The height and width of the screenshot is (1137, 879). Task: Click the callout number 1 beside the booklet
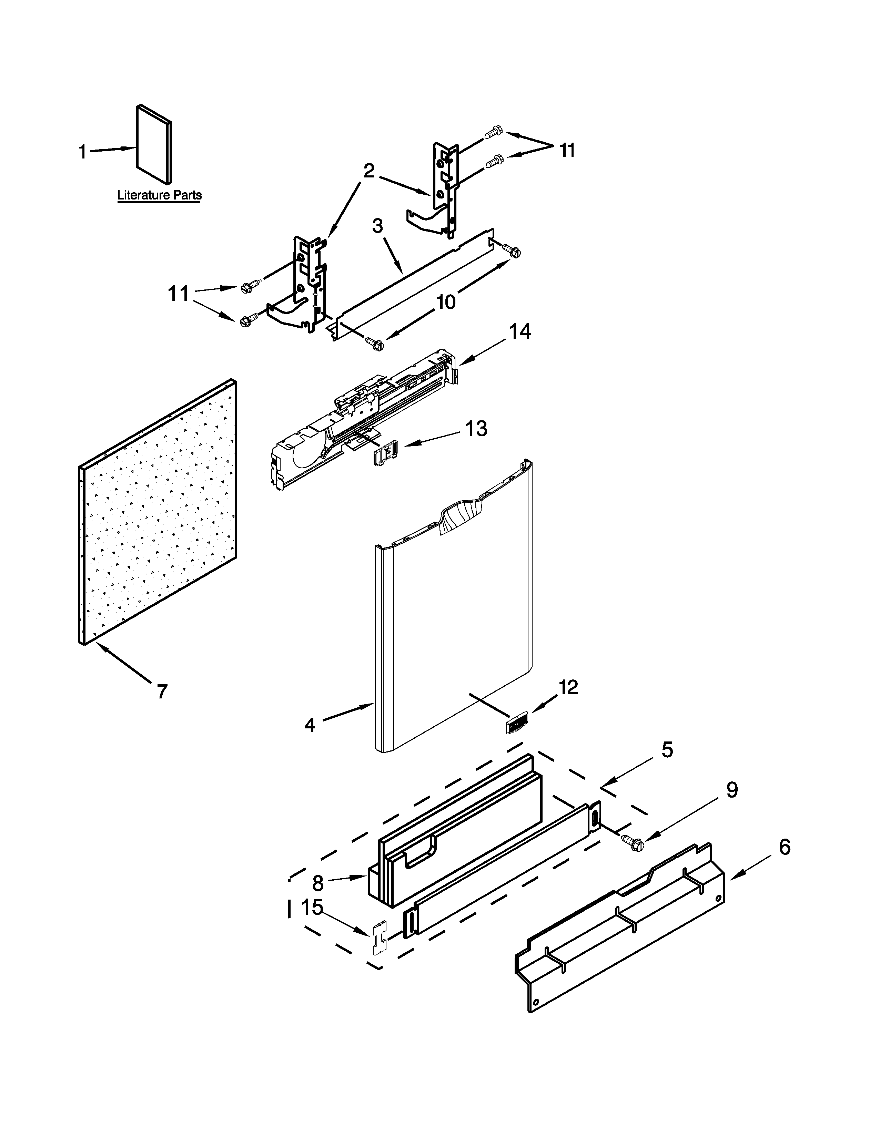pos(82,152)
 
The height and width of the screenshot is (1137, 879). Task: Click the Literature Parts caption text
pos(159,195)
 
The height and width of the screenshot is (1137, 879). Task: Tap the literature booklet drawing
pos(154,144)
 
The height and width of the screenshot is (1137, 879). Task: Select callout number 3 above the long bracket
pos(377,226)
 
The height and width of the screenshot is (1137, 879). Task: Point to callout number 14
pos(520,331)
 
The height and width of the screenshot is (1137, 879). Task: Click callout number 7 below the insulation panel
pos(162,692)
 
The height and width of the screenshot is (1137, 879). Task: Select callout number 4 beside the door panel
pos(310,725)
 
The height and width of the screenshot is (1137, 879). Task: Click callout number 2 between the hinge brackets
pos(369,171)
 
